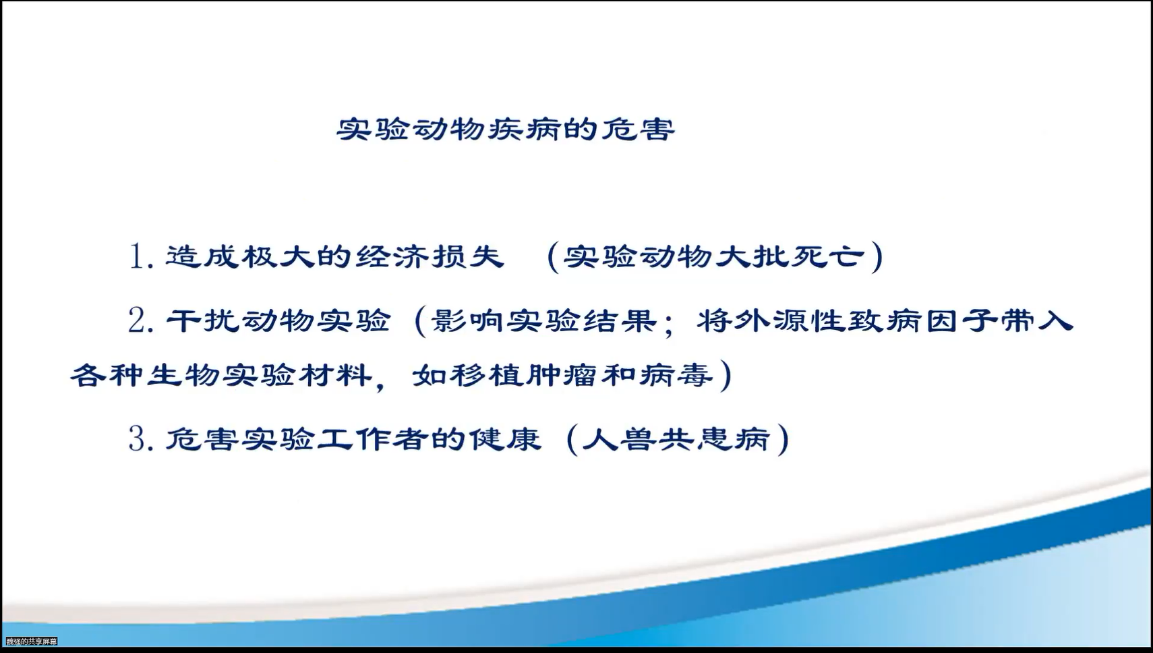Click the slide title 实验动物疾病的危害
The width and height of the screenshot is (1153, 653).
(x=506, y=130)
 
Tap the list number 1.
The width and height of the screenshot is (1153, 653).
(x=142, y=256)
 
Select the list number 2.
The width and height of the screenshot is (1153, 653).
(x=142, y=321)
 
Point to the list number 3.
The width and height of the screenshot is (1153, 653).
(x=142, y=438)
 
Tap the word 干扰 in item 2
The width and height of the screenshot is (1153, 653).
(x=203, y=320)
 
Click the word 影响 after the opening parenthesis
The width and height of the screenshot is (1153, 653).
(x=467, y=321)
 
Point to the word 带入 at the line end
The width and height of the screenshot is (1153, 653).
(x=1036, y=321)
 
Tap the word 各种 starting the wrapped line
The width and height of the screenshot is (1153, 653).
(x=107, y=375)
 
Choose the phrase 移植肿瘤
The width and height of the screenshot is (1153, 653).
(x=524, y=375)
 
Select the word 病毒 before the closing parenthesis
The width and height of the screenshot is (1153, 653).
(x=676, y=375)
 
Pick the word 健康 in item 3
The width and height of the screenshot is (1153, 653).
(x=505, y=438)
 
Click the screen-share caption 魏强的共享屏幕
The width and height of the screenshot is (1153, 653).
(x=32, y=642)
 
